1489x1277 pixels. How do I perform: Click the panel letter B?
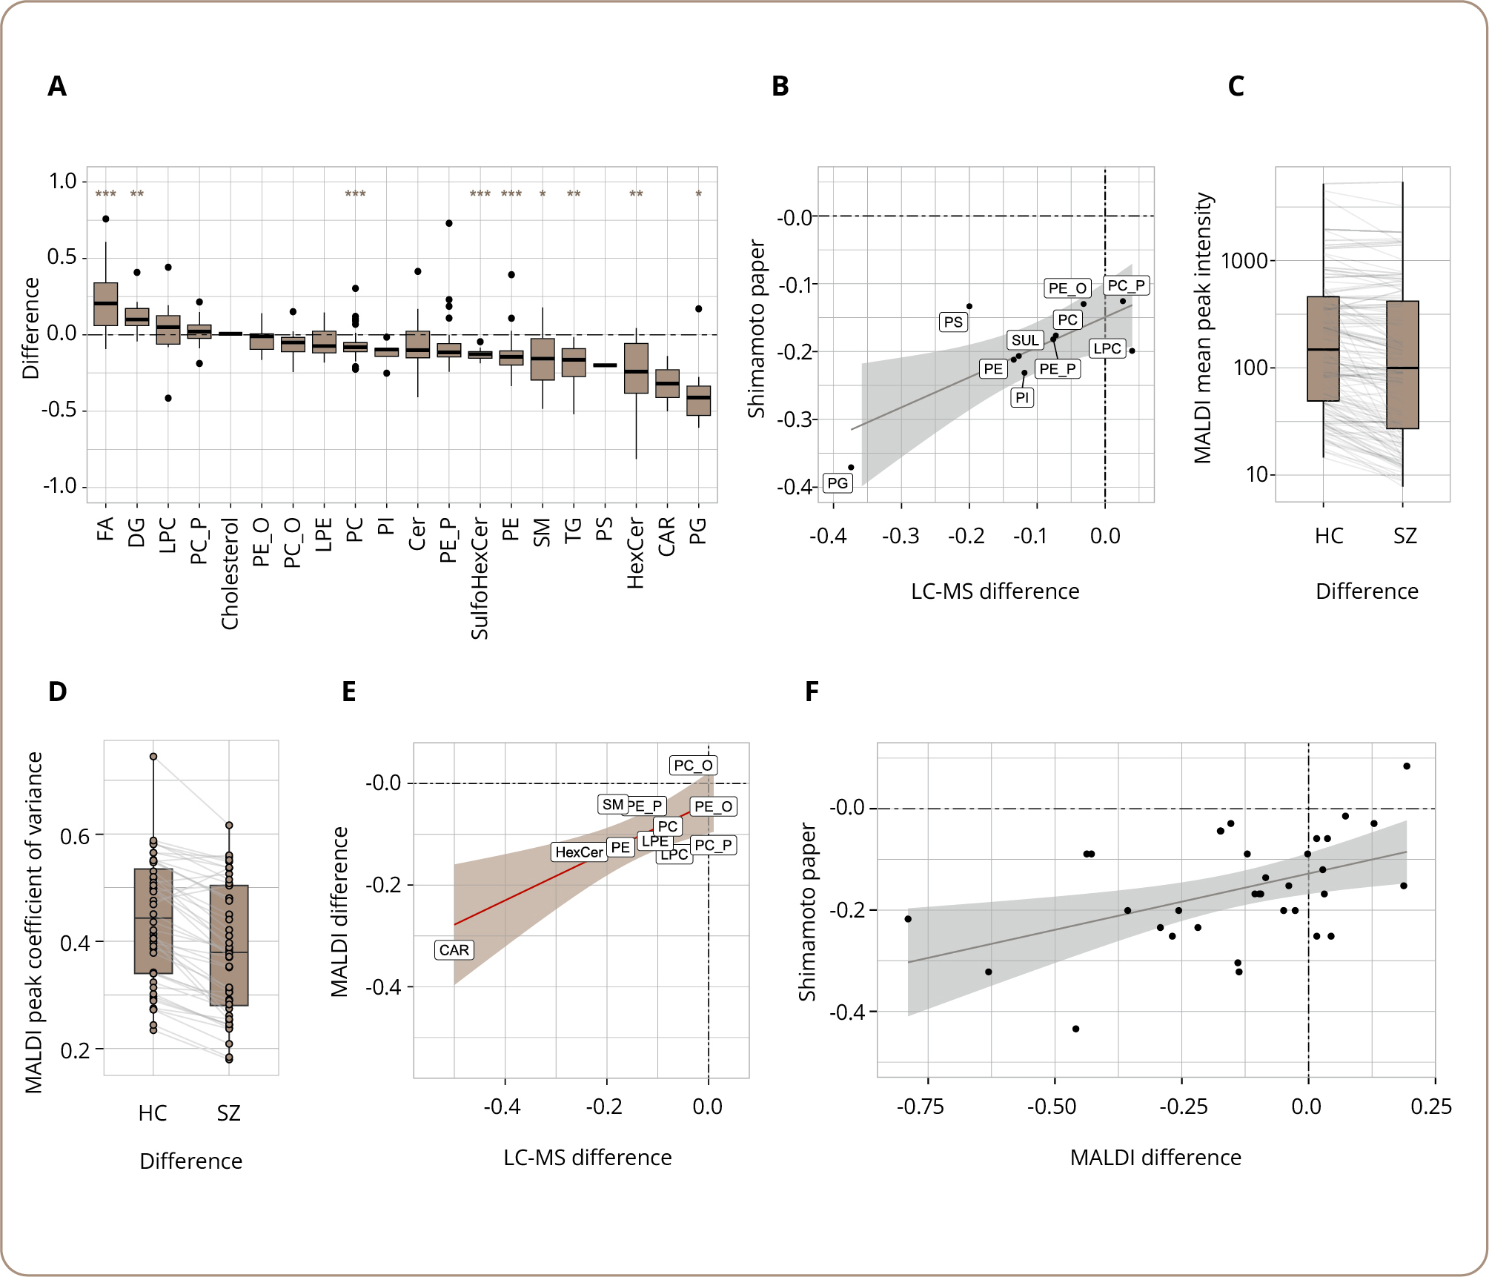coord(780,87)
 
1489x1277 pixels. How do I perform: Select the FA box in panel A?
coord(106,304)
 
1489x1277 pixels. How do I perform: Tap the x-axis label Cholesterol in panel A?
coord(231,574)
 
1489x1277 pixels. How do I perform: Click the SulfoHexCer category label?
coord(480,579)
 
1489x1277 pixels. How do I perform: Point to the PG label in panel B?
coord(838,483)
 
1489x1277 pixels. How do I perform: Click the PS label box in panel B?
coord(953,322)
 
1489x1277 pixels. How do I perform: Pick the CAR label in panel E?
coord(454,950)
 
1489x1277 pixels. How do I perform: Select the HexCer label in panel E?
coord(579,852)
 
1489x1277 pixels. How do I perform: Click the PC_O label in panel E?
coord(693,766)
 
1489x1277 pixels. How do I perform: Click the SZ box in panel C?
coord(1402,365)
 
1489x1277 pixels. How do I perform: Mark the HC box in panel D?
coord(153,921)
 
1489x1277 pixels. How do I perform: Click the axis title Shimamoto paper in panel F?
coord(807,912)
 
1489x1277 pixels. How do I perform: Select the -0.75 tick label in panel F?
coord(921,1107)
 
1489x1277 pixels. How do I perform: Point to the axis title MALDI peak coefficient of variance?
coord(33,922)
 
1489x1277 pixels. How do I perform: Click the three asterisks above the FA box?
coord(106,194)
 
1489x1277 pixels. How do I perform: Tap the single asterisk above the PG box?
coord(698,194)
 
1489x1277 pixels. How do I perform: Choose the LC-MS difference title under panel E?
coord(587,1158)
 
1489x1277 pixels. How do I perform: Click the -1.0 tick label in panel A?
coord(60,486)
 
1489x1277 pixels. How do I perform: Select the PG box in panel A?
coord(698,400)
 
